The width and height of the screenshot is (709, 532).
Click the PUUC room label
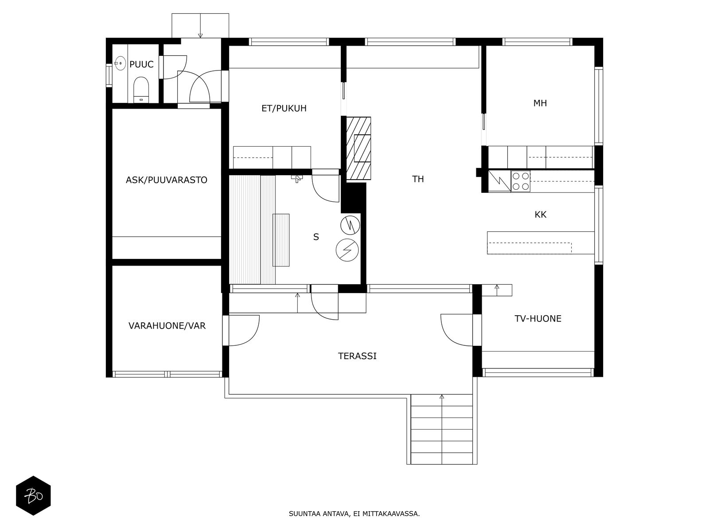141,64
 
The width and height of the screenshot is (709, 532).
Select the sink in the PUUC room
120,63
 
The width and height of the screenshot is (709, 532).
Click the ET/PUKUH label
284,108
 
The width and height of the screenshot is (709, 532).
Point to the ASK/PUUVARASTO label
166,180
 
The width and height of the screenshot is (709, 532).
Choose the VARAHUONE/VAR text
167,325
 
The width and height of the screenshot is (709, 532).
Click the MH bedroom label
540,103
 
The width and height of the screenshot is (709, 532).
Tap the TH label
418,179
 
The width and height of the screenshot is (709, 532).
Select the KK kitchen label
540,215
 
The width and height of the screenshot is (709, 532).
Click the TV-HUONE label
538,318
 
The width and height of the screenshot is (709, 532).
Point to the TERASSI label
357,356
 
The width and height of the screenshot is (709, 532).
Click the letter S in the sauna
316,237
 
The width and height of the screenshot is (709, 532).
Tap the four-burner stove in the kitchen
520,181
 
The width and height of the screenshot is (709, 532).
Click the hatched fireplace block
358,148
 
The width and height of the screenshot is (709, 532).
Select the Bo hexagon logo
33,496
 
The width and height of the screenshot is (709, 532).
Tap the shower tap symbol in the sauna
296,178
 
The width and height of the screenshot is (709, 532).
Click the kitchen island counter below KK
540,243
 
